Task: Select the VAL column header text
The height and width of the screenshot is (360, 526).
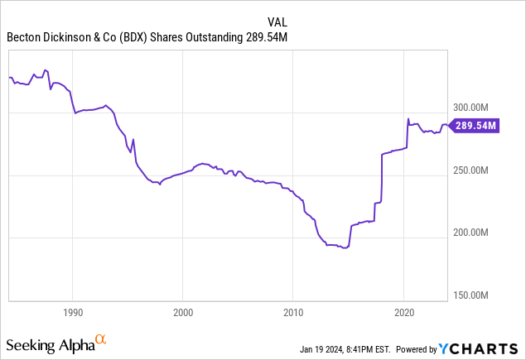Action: (278, 22)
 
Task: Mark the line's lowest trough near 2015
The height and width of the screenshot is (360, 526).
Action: (345, 247)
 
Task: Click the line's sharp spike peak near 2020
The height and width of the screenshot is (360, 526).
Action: (408, 118)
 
